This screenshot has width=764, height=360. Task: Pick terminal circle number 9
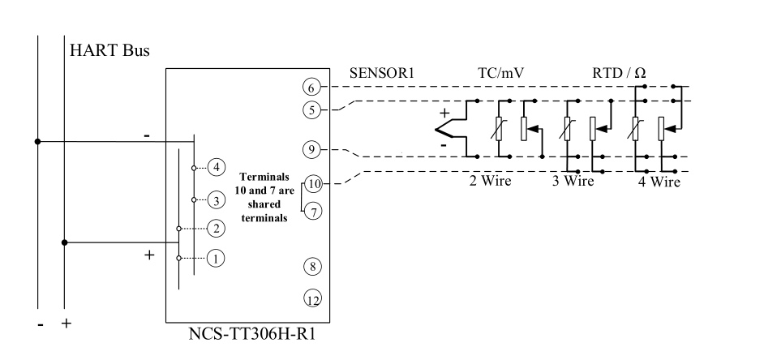coord(311,149)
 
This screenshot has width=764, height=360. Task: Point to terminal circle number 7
coord(315,211)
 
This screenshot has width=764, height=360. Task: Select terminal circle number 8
coord(312,265)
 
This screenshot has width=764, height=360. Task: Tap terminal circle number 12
coord(313,299)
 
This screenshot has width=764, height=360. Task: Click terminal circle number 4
coord(216,167)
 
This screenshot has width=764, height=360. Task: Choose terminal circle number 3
coord(216,199)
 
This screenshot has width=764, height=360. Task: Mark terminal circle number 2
coord(216,229)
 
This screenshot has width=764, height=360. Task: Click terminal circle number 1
coord(216,259)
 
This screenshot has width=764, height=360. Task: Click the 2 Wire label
coord(491,180)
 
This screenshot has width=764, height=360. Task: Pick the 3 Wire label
coord(573,180)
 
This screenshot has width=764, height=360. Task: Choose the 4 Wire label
coord(659,182)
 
